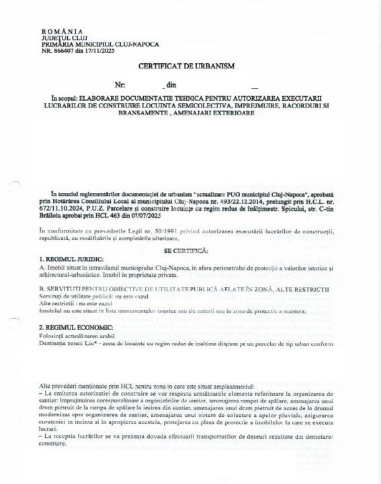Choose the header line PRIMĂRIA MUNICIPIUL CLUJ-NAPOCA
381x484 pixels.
[x=100, y=44]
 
